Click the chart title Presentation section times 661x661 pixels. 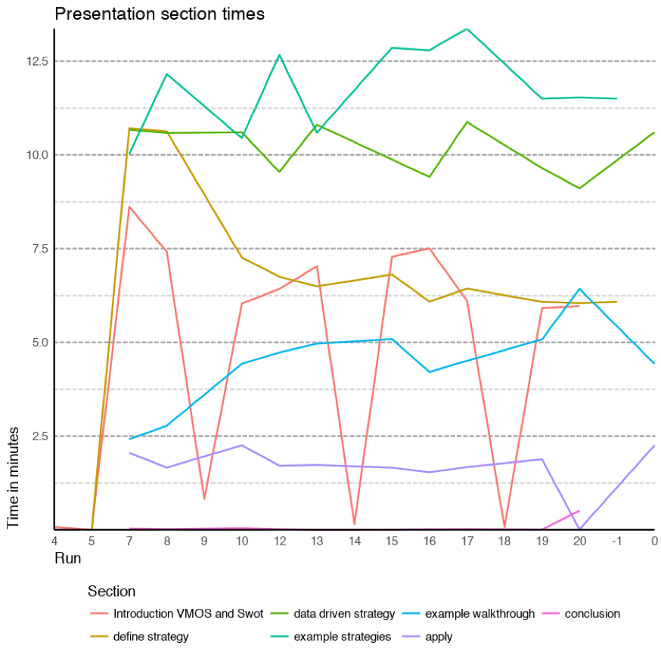tap(160, 14)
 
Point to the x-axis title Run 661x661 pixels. tap(67, 559)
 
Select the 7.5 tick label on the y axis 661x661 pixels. tap(39, 249)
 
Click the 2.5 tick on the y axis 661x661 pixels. tap(39, 436)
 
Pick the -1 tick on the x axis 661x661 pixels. tap(617, 541)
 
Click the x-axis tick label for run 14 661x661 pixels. tap(354, 541)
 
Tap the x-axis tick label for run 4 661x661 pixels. tap(54, 541)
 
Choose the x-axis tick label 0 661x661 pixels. tap(654, 541)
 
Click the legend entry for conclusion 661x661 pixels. tap(591, 614)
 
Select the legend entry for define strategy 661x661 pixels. tap(151, 637)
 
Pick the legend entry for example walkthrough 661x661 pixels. tap(479, 614)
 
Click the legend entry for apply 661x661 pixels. tap(439, 637)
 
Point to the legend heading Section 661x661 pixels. tap(111, 591)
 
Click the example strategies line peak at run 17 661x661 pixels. tap(467, 29)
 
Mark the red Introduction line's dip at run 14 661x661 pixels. tap(354, 524)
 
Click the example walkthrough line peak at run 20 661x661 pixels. tap(579, 289)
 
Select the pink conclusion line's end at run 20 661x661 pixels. tap(579, 510)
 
